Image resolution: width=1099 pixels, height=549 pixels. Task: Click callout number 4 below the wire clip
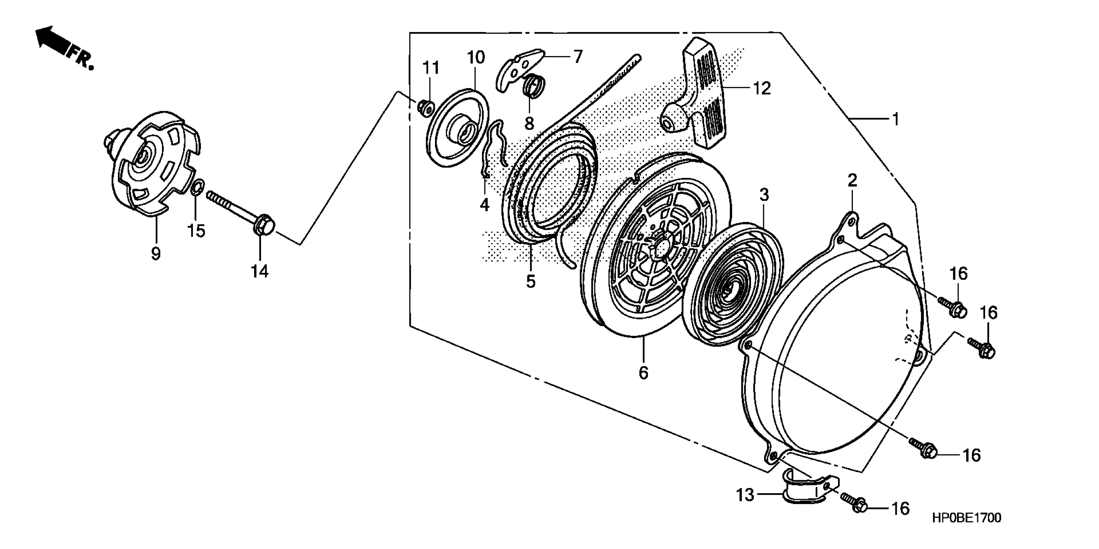click(x=484, y=206)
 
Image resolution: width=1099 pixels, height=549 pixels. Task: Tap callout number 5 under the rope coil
click(x=530, y=282)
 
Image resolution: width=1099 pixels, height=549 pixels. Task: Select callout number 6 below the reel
click(x=643, y=372)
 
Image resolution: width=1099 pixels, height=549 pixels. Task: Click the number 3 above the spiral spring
click(x=764, y=195)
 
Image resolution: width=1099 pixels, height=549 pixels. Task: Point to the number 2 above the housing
click(x=852, y=181)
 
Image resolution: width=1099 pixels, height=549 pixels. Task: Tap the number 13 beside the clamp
click(x=745, y=495)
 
